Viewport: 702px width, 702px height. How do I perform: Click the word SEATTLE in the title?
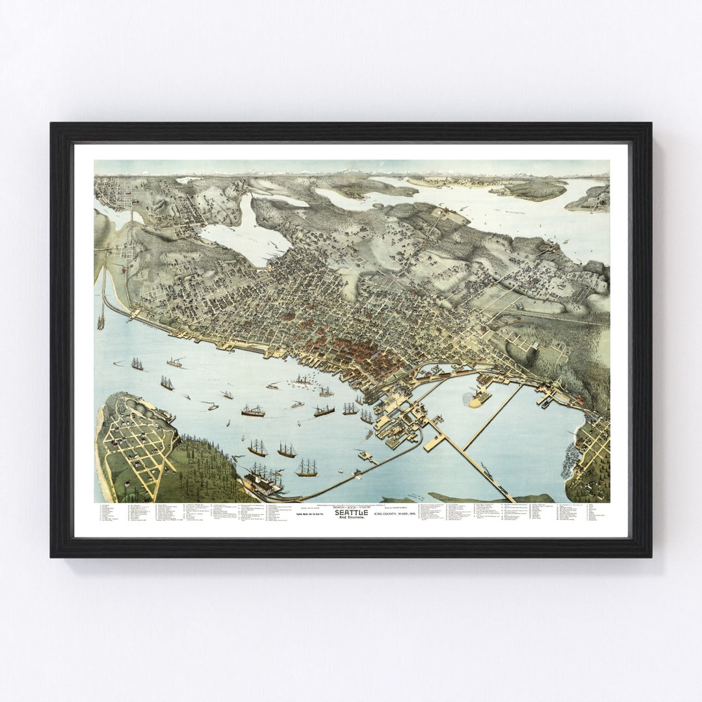(351, 512)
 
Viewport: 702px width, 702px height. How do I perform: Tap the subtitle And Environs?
(351, 517)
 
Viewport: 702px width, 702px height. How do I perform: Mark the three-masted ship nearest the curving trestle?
(307, 467)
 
